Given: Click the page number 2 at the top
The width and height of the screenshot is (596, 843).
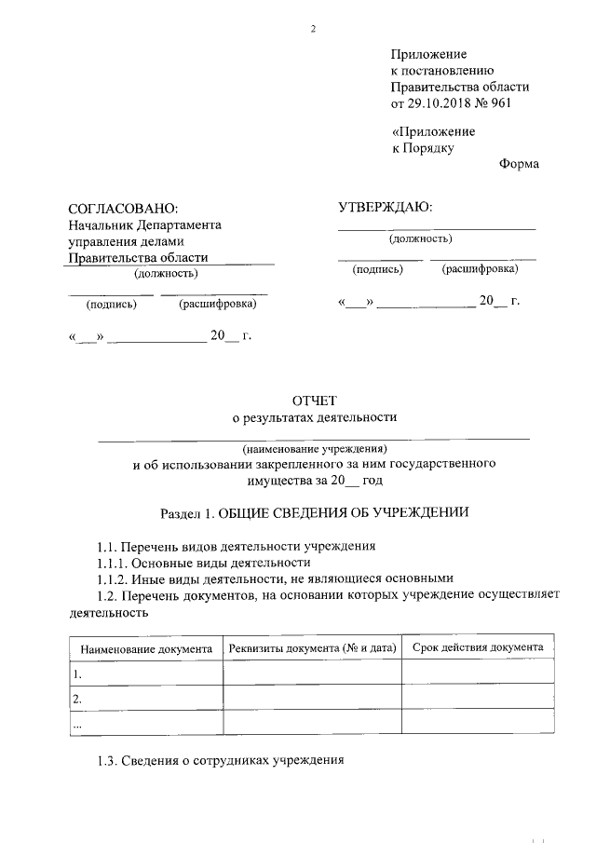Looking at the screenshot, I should point(313,29).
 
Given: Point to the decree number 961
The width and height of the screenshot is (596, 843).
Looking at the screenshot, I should point(500,102).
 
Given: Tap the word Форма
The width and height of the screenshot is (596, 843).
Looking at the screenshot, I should point(519,164).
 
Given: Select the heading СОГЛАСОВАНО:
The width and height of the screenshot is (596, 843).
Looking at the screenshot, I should point(123,209).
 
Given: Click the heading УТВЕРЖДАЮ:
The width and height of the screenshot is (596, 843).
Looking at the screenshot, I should point(385,207).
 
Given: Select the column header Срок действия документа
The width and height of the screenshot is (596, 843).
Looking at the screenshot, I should point(478,646).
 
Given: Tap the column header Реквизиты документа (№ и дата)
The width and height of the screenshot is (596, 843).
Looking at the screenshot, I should point(312,647).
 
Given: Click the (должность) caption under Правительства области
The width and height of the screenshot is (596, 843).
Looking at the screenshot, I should point(166,274).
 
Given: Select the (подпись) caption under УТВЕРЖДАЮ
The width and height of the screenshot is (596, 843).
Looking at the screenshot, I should point(377,269).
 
